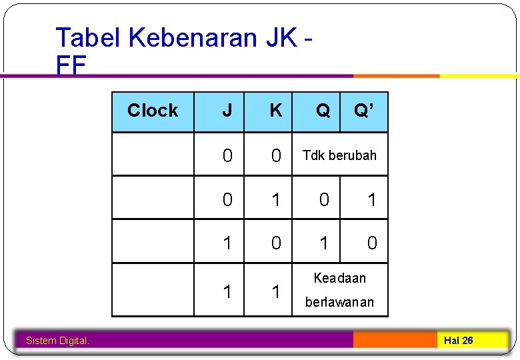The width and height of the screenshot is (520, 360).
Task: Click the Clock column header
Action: click(x=153, y=111)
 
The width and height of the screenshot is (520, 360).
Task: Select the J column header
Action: click(x=227, y=111)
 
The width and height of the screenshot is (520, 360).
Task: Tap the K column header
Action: click(x=275, y=111)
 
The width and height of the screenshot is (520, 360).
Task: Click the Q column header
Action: click(x=323, y=111)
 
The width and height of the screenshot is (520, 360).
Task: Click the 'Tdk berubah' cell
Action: click(x=339, y=155)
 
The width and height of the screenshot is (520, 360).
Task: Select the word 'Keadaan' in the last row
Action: click(x=340, y=277)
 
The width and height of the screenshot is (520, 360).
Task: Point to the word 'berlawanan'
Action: click(x=339, y=302)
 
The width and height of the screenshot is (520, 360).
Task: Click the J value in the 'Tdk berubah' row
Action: click(x=227, y=156)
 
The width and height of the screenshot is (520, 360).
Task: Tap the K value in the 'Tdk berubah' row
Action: click(x=275, y=156)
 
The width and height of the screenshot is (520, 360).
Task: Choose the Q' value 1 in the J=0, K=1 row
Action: click(x=372, y=199)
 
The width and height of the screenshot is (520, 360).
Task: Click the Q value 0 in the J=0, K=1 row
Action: click(x=323, y=199)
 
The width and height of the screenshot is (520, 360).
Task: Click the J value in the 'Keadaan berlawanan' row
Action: click(x=227, y=291)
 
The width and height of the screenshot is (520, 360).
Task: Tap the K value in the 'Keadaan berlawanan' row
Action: click(x=275, y=291)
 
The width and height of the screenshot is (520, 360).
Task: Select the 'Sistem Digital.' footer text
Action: click(x=57, y=341)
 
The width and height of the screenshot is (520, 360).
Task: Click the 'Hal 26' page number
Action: click(x=459, y=341)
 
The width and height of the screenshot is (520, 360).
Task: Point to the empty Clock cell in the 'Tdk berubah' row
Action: click(x=153, y=154)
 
